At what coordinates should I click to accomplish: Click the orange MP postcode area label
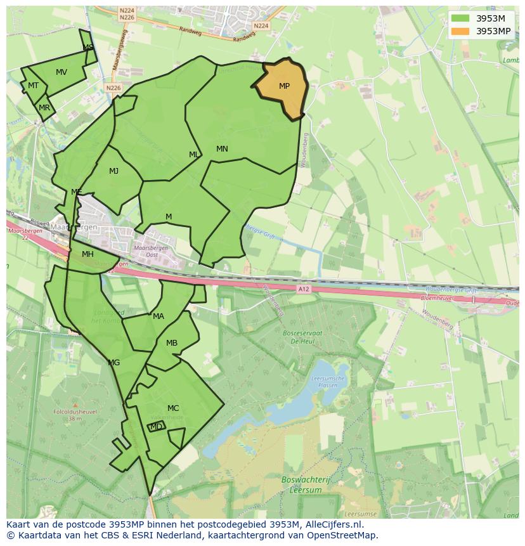pos(284,86)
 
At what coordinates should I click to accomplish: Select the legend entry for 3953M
pos(490,18)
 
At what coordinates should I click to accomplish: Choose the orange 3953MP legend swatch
pos(461,31)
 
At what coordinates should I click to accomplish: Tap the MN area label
pos(222,149)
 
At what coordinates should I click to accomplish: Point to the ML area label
pos(194,155)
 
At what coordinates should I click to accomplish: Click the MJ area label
pos(113,171)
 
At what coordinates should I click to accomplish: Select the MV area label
pos(62,72)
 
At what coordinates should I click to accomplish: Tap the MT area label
pos(34,86)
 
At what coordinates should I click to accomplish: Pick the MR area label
pos(44,108)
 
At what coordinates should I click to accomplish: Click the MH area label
pos(87,254)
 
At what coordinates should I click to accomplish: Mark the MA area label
pos(159,316)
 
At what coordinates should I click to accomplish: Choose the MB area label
pos(172,343)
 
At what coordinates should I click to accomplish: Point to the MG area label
pos(114,363)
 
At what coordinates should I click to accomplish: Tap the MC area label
pos(173,408)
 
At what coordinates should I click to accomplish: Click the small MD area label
pos(156,427)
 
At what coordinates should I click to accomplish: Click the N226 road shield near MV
pos(113,88)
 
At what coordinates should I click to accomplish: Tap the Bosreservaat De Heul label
pos(303,336)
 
